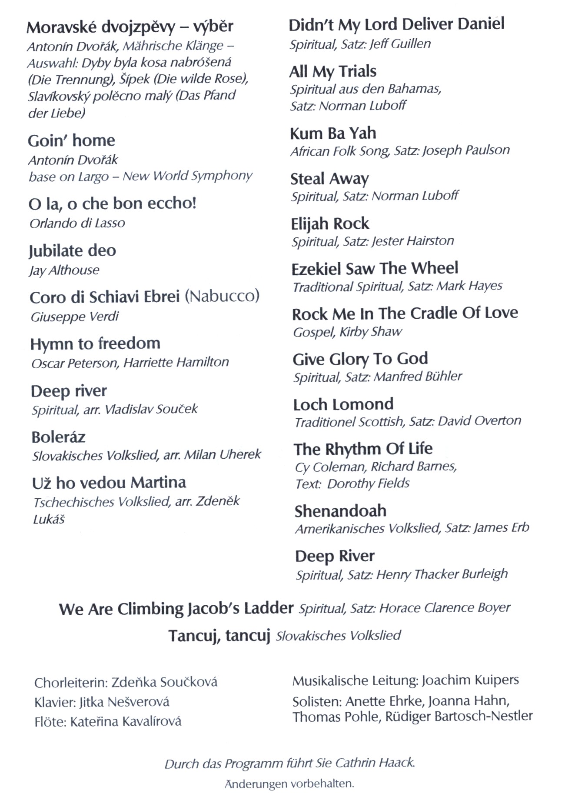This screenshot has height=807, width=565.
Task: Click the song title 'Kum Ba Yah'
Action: pyautogui.click(x=333, y=133)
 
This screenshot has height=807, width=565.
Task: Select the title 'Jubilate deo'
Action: pyautogui.click(x=72, y=251)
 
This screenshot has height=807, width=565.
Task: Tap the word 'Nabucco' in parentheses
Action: pyautogui.click(x=222, y=297)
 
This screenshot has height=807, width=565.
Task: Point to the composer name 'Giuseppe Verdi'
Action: pyautogui.click(x=74, y=317)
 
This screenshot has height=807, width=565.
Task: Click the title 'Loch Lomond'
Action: pyautogui.click(x=343, y=404)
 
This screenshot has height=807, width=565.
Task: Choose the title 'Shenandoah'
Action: pyautogui.click(x=340, y=511)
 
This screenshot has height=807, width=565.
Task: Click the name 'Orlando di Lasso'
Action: pyautogui.click(x=77, y=223)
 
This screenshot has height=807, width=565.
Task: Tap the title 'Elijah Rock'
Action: pyautogui.click(x=330, y=224)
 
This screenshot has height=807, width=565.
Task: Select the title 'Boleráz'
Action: pyautogui.click(x=58, y=437)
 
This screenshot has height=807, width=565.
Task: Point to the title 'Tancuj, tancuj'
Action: pyautogui.click(x=219, y=636)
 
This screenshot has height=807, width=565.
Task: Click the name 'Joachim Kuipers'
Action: pyautogui.click(x=470, y=680)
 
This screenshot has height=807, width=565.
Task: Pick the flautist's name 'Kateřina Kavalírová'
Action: pyautogui.click(x=126, y=722)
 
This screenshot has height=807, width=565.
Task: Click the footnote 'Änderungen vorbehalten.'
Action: pyautogui.click(x=289, y=784)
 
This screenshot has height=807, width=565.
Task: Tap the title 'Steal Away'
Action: pyautogui.click(x=329, y=179)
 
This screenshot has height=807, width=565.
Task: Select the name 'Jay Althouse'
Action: pyautogui.click(x=64, y=270)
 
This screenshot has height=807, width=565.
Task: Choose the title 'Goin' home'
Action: pyautogui.click(x=71, y=140)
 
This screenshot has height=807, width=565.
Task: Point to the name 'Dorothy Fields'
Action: pyautogui.click(x=368, y=484)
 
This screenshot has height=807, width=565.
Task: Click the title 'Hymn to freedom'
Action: pyautogui.click(x=95, y=343)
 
